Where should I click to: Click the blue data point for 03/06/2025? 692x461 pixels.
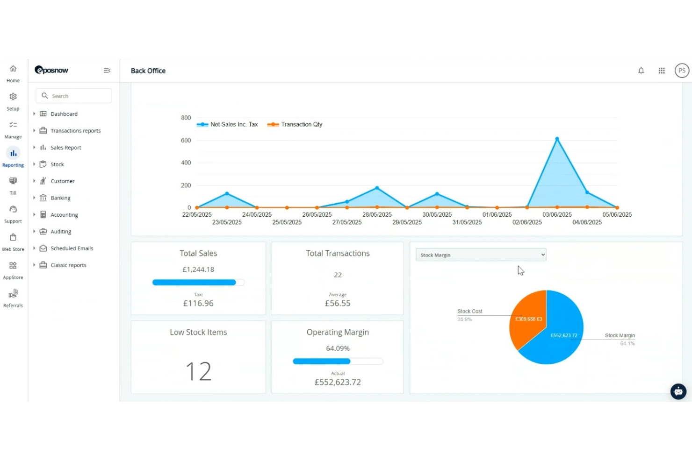(557, 139)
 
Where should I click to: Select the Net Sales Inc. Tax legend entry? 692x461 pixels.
(227, 124)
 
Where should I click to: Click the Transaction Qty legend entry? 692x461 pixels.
(295, 124)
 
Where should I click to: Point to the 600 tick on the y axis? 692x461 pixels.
(186, 141)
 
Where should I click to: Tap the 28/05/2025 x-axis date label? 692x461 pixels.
(377, 214)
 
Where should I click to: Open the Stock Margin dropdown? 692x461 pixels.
(481, 255)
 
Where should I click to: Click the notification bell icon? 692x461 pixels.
(641, 71)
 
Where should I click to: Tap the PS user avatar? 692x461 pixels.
(682, 71)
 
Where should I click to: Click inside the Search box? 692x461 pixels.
(74, 96)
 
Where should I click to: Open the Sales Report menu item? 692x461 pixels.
(66, 148)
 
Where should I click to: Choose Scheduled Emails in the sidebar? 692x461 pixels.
(72, 248)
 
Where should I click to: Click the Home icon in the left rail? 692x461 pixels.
(13, 69)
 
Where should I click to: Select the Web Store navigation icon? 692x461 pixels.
(13, 237)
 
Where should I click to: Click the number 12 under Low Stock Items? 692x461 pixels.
(198, 371)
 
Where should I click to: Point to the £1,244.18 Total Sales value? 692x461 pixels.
(198, 270)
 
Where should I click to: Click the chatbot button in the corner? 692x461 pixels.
(678, 391)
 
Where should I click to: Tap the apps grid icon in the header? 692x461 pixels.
(662, 71)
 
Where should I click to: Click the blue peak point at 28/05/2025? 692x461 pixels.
(377, 188)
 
